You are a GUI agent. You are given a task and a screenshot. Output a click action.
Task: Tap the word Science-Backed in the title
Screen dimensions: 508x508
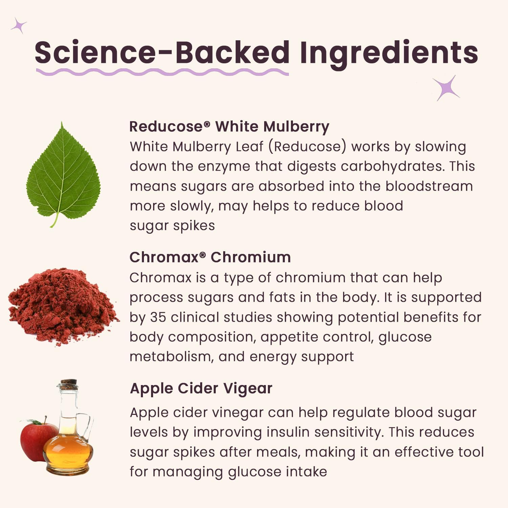click(x=162, y=52)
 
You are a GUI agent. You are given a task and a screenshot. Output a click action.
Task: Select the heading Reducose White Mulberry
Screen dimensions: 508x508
click(x=229, y=127)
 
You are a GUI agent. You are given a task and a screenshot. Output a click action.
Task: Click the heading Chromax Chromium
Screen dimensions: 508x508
click(x=210, y=257)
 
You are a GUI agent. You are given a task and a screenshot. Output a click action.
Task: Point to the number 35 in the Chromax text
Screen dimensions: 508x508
click(x=158, y=317)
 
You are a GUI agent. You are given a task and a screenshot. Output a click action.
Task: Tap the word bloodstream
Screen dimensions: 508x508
click(x=429, y=186)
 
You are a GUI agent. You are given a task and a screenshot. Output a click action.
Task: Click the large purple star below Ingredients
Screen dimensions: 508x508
click(x=447, y=88)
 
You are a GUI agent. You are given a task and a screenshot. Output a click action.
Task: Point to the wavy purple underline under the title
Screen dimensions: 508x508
click(x=162, y=72)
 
